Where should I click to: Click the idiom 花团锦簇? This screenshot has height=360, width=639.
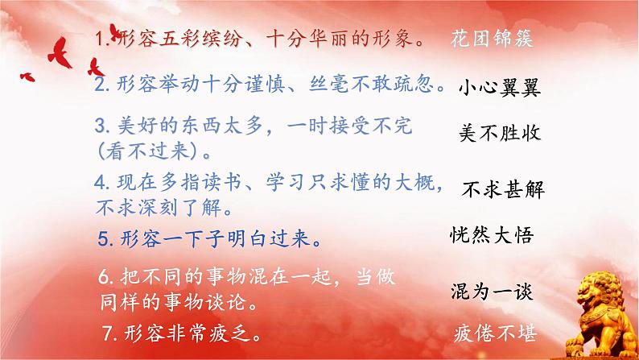[x=493, y=38]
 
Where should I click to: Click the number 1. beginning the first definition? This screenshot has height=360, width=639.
[x=101, y=38]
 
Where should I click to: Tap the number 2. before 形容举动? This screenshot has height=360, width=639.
[x=100, y=84]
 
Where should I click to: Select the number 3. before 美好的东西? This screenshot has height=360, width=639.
[x=101, y=126]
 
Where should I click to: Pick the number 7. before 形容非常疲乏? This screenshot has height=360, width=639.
[x=110, y=331]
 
